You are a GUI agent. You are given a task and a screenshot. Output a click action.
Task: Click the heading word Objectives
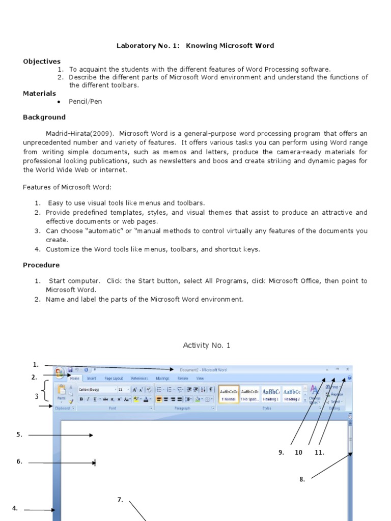click(x=42, y=62)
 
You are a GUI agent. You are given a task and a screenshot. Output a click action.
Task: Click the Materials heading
click(x=39, y=94)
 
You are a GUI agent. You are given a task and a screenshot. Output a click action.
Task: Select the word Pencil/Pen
click(x=86, y=102)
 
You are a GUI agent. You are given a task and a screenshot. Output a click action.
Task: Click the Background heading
click(x=44, y=118)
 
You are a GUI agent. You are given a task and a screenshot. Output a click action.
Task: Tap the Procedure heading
click(x=41, y=265)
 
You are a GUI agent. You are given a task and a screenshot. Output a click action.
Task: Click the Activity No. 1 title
click(x=206, y=345)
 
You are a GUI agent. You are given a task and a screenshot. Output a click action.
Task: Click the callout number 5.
click(x=19, y=435)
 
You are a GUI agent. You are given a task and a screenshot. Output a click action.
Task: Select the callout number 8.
click(x=302, y=479)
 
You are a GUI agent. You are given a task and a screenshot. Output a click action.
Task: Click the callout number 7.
click(x=120, y=500)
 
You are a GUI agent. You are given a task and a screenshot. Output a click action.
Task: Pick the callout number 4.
click(x=15, y=508)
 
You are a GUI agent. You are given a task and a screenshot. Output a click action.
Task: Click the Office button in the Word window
click(x=59, y=372)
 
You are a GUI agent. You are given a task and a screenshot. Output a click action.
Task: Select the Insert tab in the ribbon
click(x=92, y=379)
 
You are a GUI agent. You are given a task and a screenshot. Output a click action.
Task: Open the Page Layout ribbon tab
click(x=114, y=379)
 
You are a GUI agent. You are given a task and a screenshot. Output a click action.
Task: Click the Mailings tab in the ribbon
click(x=162, y=379)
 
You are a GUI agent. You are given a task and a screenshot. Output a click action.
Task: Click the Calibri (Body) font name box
click(x=96, y=389)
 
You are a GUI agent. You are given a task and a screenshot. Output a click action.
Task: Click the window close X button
click(x=347, y=369)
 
